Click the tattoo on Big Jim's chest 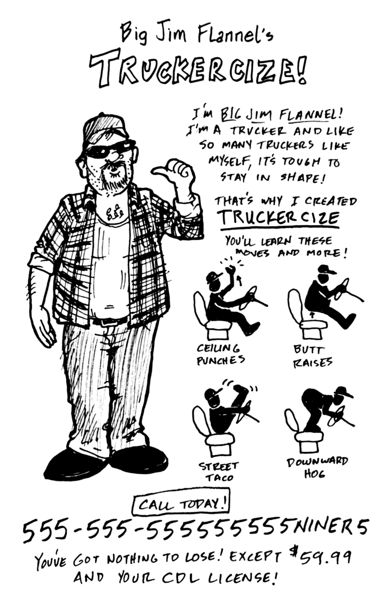(x=114, y=213)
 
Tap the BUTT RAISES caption (x=312, y=357)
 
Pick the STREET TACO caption (x=219, y=472)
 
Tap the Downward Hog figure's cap (x=343, y=391)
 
